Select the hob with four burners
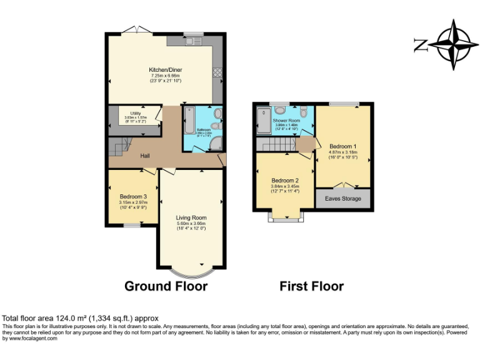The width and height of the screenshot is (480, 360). [217, 72]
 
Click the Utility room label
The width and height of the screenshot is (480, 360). [135, 114]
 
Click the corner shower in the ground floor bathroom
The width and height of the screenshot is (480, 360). [216, 144]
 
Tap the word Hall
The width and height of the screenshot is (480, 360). [144, 156]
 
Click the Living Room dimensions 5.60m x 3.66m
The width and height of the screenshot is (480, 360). [191, 224]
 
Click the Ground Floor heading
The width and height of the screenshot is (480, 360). [166, 286]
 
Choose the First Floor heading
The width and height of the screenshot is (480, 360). [311, 286]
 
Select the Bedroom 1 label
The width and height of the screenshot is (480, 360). [342, 146]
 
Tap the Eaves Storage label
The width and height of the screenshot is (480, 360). [342, 199]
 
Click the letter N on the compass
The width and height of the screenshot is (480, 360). [420, 45]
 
